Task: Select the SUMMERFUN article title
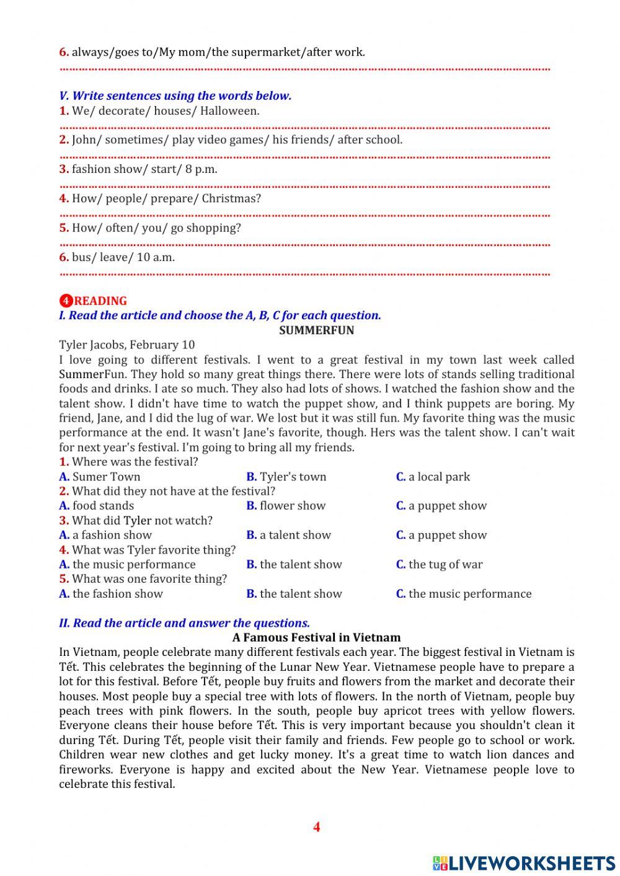click(316, 330)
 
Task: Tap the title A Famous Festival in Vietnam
click(316, 637)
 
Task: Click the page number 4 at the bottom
click(316, 826)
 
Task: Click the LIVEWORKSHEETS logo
click(524, 863)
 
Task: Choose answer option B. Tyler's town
click(286, 477)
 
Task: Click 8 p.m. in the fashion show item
click(201, 169)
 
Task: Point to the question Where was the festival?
click(135, 462)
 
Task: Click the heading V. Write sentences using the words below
click(175, 95)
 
